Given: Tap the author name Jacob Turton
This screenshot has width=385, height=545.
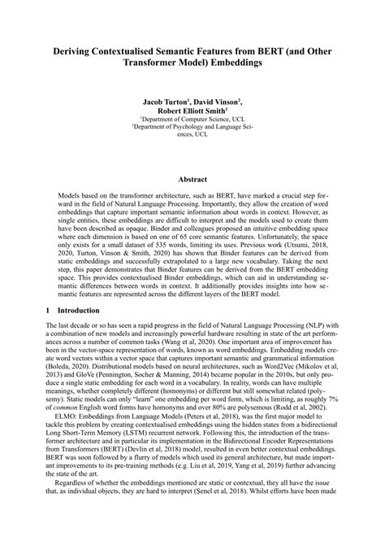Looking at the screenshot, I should (x=167, y=103).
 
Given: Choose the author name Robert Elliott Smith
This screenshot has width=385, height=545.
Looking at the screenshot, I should (x=191, y=113).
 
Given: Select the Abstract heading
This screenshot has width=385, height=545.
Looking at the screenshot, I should (x=192, y=179).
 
